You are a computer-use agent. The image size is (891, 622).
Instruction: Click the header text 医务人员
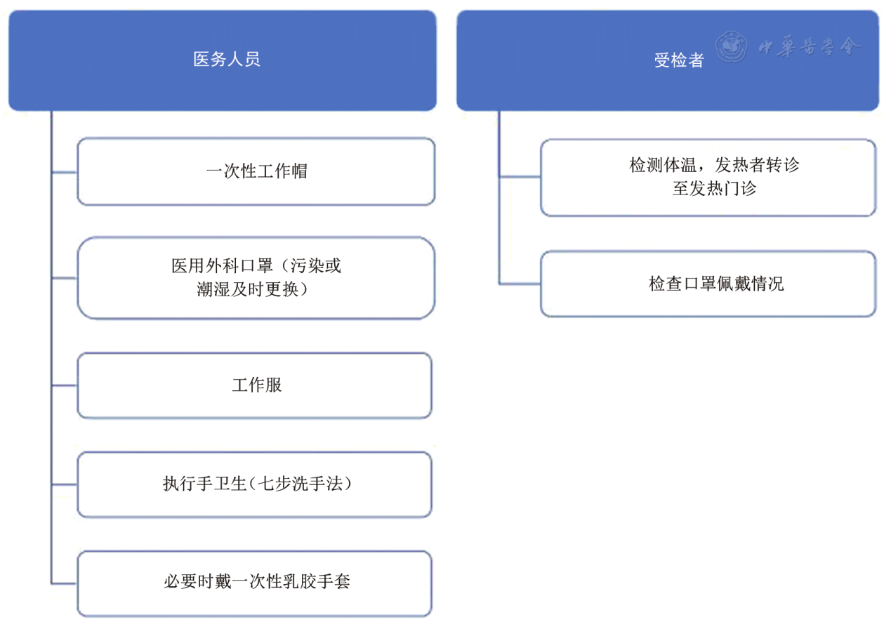coord(227,59)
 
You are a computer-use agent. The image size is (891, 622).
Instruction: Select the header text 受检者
coord(680,60)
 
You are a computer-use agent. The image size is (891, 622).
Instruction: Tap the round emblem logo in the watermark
coord(731,46)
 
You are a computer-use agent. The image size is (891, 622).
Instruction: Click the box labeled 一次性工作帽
coord(256,171)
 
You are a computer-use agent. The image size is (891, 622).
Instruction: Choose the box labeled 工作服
coord(255,385)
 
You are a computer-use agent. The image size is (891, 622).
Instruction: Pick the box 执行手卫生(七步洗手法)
coord(255,484)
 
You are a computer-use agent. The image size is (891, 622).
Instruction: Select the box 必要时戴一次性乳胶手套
coord(255,583)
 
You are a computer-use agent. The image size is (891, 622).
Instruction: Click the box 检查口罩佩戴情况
coord(708,284)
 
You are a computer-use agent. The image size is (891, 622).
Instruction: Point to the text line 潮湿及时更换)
coord(253,289)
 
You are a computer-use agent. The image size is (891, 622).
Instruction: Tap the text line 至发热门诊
coord(714,189)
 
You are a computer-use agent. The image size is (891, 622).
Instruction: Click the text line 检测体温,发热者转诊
coord(714,165)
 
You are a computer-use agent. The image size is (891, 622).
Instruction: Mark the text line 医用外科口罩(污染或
coord(256,265)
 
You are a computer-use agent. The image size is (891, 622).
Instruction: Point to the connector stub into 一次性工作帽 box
coord(64,172)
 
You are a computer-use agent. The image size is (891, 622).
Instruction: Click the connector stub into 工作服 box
coord(64,385)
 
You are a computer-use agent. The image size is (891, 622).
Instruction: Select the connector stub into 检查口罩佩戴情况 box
coord(520,284)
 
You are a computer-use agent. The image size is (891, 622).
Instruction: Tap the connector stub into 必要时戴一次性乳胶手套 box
coord(64,583)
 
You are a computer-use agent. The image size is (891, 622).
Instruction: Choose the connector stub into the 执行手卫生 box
coord(64,484)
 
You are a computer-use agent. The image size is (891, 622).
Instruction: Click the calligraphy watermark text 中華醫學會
coord(809,47)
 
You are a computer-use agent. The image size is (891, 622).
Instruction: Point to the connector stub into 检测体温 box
coord(520,177)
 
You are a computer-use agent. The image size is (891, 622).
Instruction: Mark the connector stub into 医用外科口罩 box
coord(64,278)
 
